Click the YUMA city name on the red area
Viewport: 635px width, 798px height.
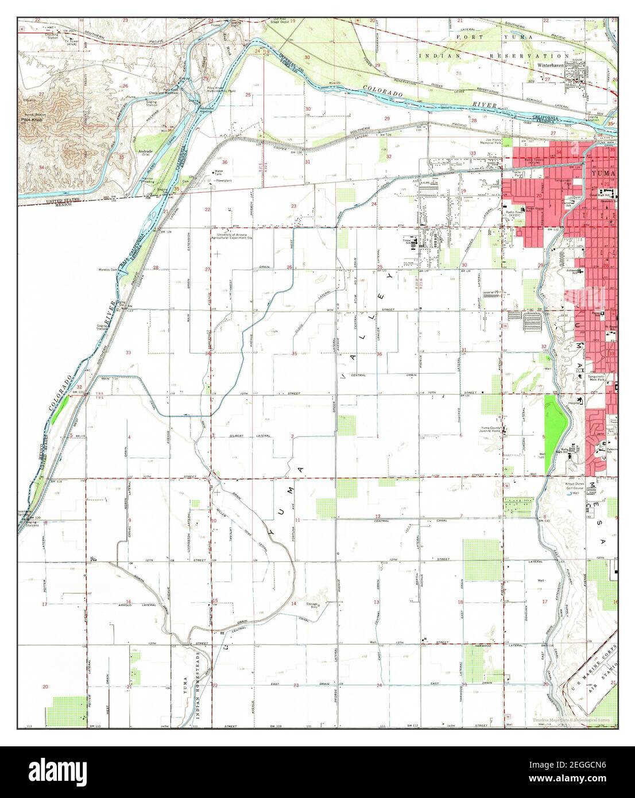click(605, 173)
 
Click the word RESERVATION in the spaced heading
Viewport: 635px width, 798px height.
click(532, 56)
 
